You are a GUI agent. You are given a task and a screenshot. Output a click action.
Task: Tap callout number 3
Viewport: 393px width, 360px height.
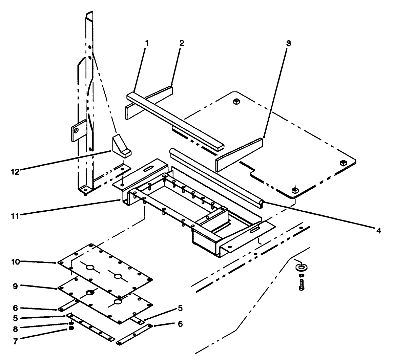pos(288,44)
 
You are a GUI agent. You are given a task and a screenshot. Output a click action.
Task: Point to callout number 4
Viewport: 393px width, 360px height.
pos(378,231)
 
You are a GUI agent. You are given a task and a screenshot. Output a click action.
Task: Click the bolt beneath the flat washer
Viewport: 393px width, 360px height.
pos(301,284)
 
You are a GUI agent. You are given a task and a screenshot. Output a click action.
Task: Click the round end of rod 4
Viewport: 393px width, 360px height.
pos(262,203)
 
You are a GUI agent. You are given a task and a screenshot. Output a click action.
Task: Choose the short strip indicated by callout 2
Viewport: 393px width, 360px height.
pos(149,101)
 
